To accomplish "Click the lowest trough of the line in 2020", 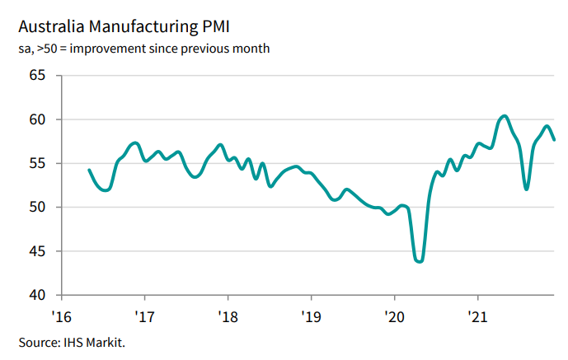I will (x=420, y=261).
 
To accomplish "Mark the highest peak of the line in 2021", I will (x=505, y=115).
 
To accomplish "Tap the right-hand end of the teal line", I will (x=554, y=139).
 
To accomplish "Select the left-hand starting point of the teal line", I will (x=89, y=170).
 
